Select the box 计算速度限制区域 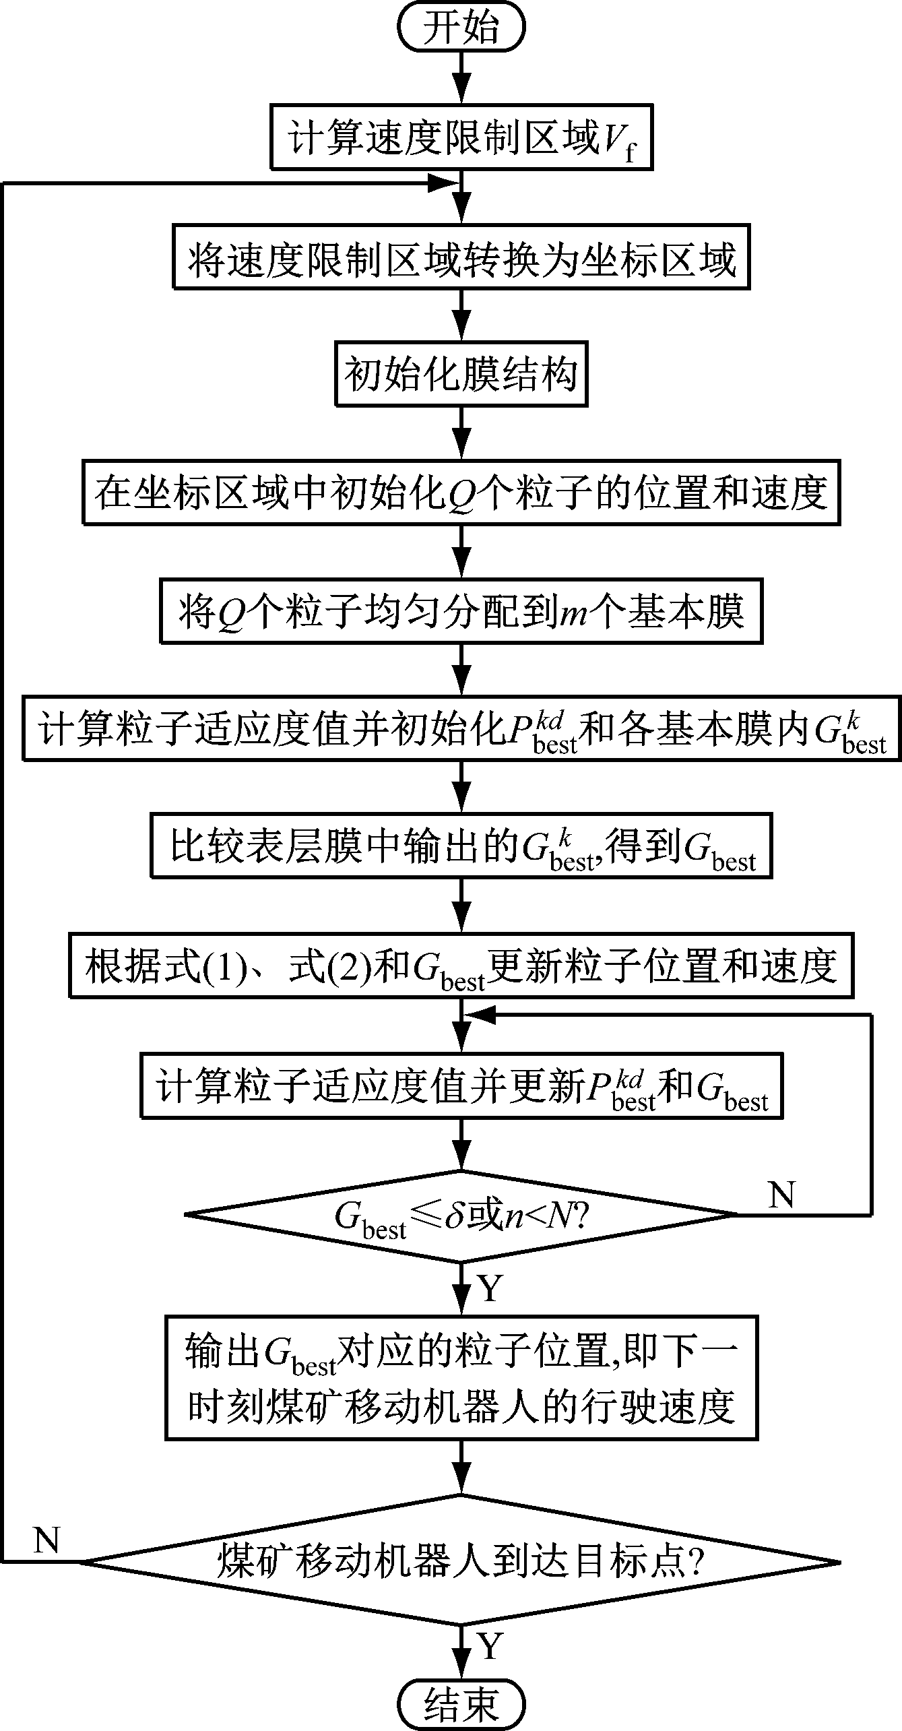pyautogui.click(x=461, y=137)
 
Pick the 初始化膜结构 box pyautogui.click(x=461, y=375)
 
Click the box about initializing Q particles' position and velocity pyautogui.click(x=461, y=493)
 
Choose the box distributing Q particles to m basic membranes pyautogui.click(x=461, y=611)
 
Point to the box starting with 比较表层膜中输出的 pyautogui.click(x=461, y=846)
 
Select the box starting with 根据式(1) pyautogui.click(x=461, y=966)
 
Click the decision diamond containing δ pyautogui.click(x=461, y=1214)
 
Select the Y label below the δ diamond pyautogui.click(x=490, y=1288)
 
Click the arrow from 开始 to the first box pyautogui.click(x=461, y=77)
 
